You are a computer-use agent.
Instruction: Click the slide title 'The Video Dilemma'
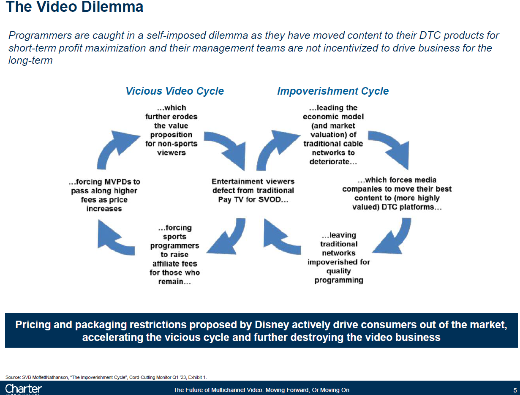(74, 7)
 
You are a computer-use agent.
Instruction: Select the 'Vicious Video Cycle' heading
(174, 91)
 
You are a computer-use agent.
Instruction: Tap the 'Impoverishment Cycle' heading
(333, 91)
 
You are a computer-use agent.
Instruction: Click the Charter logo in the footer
(23, 389)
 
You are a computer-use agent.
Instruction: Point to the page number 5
(515, 390)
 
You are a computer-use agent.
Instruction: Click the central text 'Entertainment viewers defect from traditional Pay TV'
(253, 190)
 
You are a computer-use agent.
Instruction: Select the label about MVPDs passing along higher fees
(104, 195)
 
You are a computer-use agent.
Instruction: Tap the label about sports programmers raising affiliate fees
(174, 255)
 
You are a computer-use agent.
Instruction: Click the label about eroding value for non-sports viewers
(172, 130)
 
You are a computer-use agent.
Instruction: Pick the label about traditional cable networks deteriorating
(333, 135)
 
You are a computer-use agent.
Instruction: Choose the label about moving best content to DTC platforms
(397, 193)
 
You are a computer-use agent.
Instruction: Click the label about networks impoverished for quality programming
(339, 257)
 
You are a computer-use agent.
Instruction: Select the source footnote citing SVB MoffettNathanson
(106, 377)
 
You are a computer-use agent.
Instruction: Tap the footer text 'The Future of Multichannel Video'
(261, 390)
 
